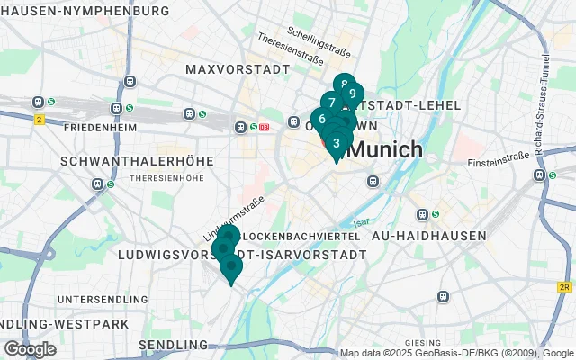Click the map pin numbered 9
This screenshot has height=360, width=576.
[353, 94]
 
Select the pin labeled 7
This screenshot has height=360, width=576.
[332, 103]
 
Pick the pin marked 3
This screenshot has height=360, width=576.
[336, 142]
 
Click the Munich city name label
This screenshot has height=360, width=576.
[384, 149]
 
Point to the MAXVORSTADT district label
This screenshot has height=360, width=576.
[229, 69]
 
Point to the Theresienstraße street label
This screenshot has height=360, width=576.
[290, 50]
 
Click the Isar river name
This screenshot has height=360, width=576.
[360, 222]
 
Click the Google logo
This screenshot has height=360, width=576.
[30, 348]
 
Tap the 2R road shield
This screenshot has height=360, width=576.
[564, 287]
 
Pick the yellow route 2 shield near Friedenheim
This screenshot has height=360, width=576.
[40, 119]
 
